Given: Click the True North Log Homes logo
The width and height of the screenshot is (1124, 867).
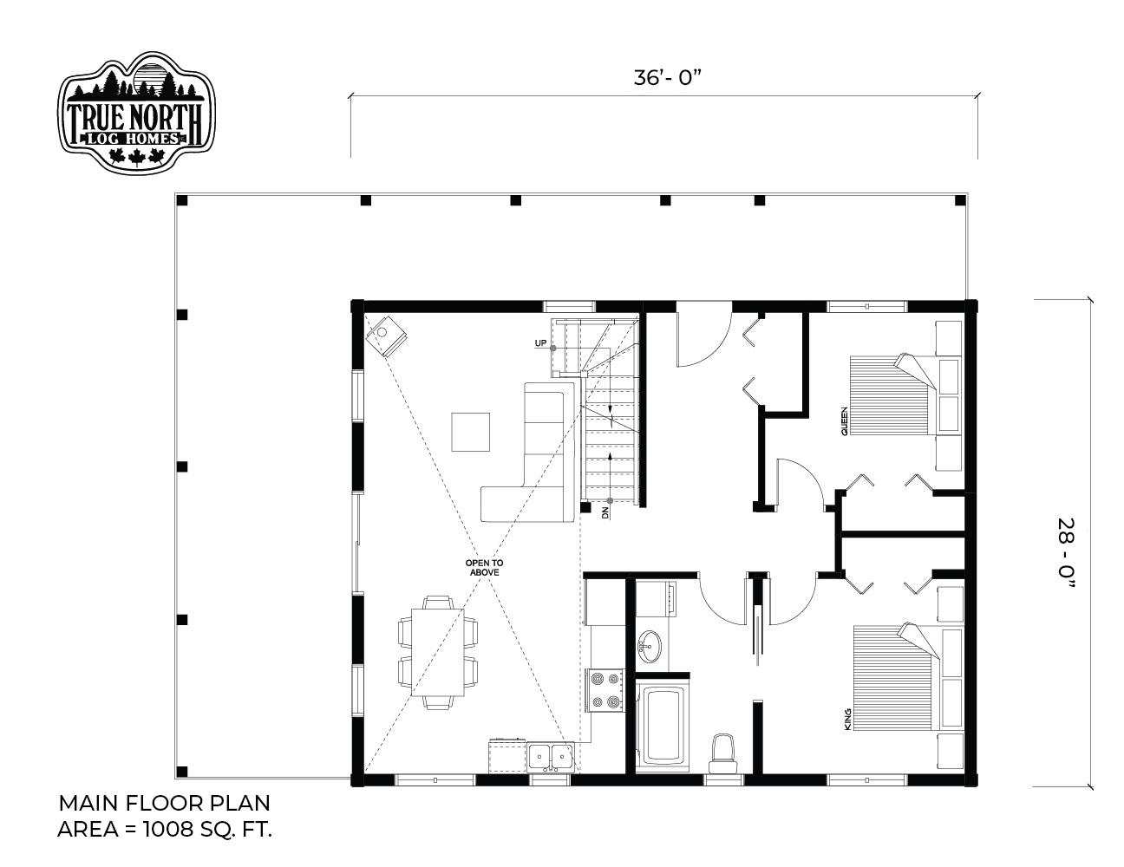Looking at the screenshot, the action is pyautogui.click(x=136, y=112).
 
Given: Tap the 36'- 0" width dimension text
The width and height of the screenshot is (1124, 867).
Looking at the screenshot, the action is pyautogui.click(x=667, y=79).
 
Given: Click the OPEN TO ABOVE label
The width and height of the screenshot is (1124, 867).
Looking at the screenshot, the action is pyautogui.click(x=484, y=568).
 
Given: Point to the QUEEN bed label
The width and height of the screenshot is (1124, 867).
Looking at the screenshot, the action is pyautogui.click(x=844, y=421).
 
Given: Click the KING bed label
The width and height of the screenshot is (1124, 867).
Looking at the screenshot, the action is pyautogui.click(x=847, y=719).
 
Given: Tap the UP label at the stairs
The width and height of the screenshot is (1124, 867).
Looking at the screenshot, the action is pyautogui.click(x=540, y=343).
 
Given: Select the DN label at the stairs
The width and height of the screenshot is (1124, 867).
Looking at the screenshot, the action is pyautogui.click(x=605, y=513).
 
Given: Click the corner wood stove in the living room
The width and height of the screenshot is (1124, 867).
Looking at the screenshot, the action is pyautogui.click(x=386, y=336).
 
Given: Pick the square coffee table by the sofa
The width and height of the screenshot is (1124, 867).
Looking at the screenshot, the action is pyautogui.click(x=470, y=432).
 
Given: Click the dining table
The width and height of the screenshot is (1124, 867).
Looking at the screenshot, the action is pyautogui.click(x=438, y=652).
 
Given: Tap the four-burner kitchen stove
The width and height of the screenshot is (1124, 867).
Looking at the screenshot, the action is pyautogui.click(x=605, y=690).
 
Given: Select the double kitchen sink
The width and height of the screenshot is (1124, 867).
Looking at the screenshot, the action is pyautogui.click(x=551, y=758).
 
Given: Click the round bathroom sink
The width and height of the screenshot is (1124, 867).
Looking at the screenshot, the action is pyautogui.click(x=649, y=646).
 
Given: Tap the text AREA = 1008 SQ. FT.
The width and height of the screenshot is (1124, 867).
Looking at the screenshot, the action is pyautogui.click(x=165, y=829).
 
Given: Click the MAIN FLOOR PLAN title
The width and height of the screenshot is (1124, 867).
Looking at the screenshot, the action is pyautogui.click(x=165, y=803).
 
